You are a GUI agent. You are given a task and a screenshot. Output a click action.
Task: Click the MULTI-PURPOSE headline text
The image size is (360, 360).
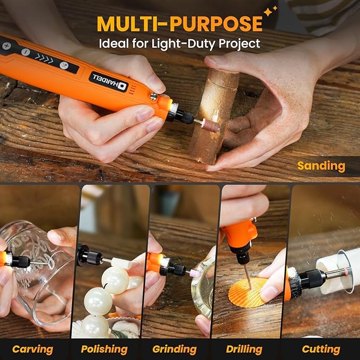[179, 23]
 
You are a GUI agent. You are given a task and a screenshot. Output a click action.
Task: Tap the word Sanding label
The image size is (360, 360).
[321, 166]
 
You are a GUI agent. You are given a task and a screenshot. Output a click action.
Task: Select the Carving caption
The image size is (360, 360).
[33, 349]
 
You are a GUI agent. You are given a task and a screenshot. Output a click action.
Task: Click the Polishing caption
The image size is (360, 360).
[104, 349]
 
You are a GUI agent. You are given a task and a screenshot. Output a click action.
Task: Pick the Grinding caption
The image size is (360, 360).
[174, 349]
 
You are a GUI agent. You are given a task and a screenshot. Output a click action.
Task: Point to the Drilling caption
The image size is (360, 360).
[244, 349]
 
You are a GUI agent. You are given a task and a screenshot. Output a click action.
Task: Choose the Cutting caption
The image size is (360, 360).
[321, 349]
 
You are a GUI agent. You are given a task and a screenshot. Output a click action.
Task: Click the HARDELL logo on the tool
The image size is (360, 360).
[108, 81]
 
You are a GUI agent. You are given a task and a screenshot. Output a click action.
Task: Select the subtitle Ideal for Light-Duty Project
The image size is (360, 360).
[179, 43]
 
